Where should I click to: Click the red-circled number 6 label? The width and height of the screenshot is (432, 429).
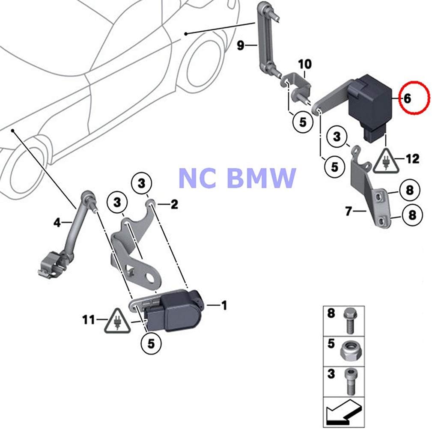pyautogui.click(x=407, y=98)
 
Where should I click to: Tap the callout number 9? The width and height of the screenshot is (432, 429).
pyautogui.click(x=241, y=45)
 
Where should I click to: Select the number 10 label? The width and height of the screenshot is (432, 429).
pyautogui.click(x=305, y=64)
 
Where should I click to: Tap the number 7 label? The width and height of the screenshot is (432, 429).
pyautogui.click(x=349, y=211)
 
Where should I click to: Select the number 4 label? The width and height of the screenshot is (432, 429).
pyautogui.click(x=57, y=222)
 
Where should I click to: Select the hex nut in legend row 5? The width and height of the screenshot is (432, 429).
pyautogui.click(x=349, y=351)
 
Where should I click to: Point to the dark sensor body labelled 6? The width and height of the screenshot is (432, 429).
pyautogui.click(x=369, y=101)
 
